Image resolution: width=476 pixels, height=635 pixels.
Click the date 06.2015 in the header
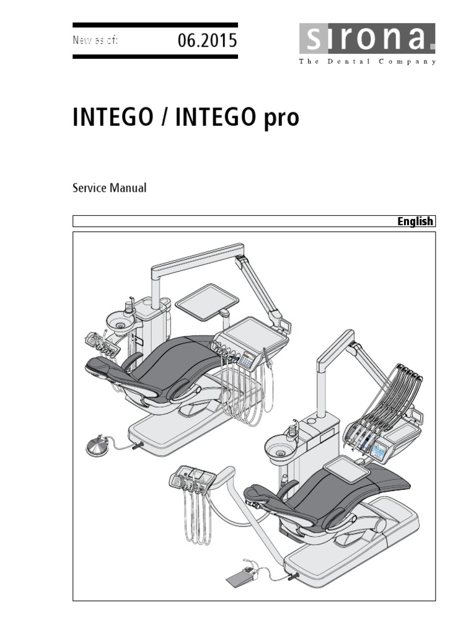[x=207, y=42]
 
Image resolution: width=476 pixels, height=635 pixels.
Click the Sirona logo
[x=368, y=40]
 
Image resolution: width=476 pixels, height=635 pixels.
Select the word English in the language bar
[x=415, y=221]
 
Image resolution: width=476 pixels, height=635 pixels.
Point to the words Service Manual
[x=110, y=188]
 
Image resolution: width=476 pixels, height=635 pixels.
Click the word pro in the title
[x=282, y=118]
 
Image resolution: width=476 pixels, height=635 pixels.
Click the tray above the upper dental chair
[x=207, y=300]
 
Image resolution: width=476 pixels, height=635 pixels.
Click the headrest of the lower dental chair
[x=259, y=494]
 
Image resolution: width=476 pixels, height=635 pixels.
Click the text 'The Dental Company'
[x=368, y=61]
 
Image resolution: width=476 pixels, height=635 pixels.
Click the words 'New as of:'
[x=95, y=41]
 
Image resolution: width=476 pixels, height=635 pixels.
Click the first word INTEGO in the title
[x=112, y=118]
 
